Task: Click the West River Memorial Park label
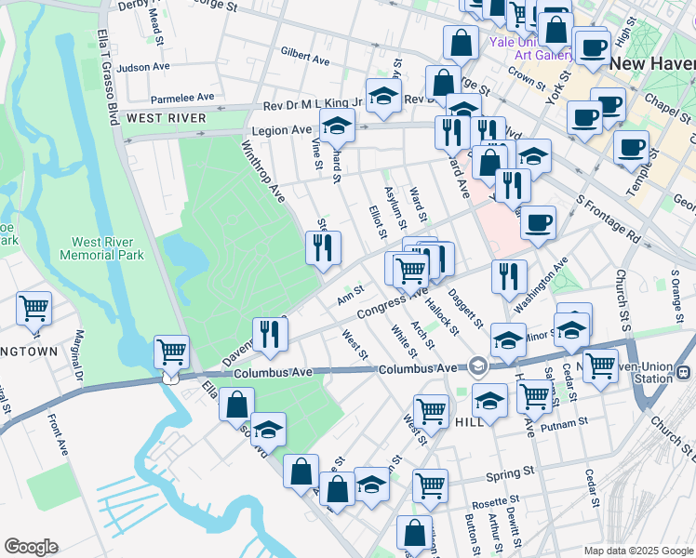(x=100, y=246)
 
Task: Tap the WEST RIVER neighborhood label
(x=166, y=118)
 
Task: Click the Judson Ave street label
(x=144, y=67)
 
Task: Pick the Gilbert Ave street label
(x=305, y=57)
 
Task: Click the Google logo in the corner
(x=31, y=547)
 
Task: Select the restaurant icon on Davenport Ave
(x=270, y=333)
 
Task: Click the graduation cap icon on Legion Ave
(x=337, y=124)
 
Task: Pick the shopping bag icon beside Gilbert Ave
(x=462, y=41)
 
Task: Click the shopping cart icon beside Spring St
(x=430, y=484)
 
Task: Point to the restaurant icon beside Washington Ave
(x=509, y=275)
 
